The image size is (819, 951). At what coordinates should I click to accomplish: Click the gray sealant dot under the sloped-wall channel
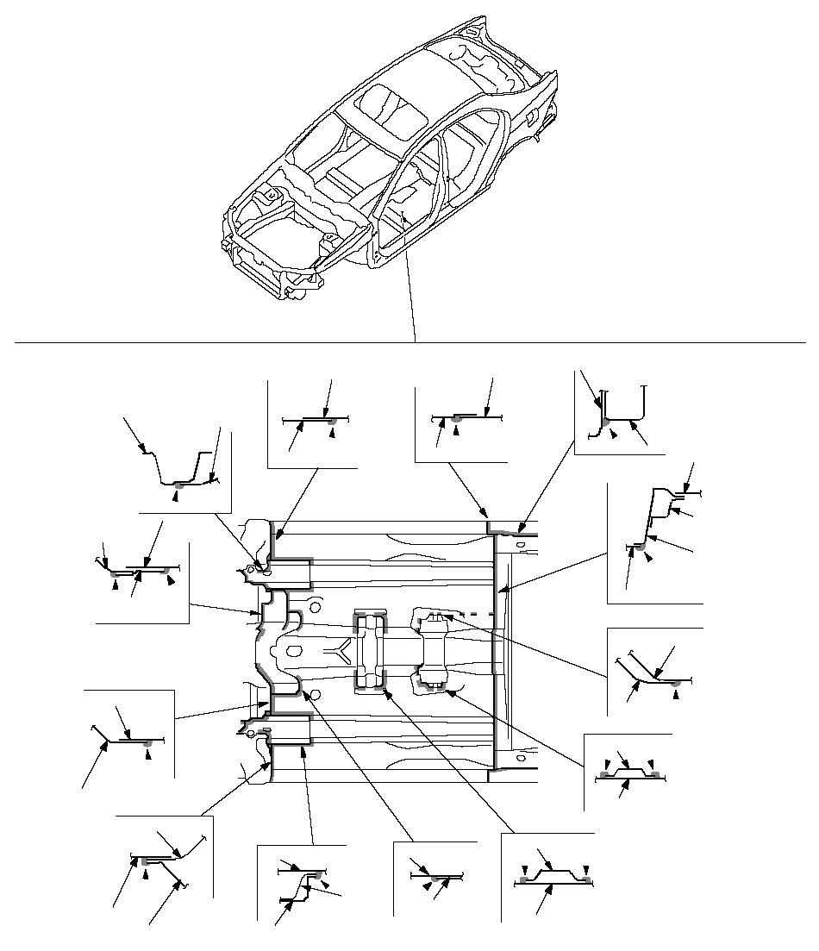[x=177, y=487]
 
